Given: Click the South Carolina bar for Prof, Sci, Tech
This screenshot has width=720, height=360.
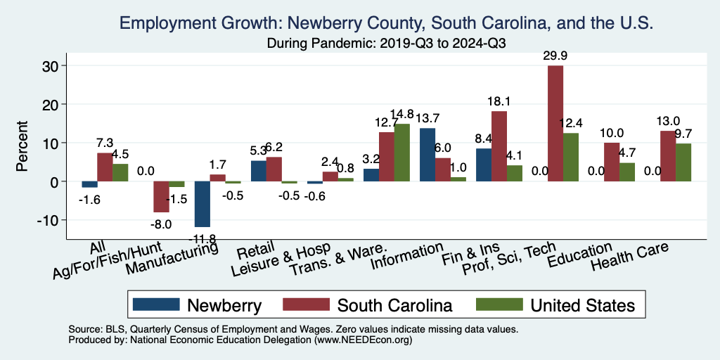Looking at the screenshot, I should [555, 123].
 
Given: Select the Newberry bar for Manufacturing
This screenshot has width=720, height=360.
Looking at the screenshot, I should [202, 204].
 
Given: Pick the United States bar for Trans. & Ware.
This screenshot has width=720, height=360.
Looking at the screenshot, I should [401, 153].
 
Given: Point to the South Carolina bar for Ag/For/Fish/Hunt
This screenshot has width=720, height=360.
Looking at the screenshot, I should [161, 197].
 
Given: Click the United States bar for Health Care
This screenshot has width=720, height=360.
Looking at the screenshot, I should [683, 162].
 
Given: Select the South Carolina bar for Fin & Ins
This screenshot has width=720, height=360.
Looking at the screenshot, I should [499, 146].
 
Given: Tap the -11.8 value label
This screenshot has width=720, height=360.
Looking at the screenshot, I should [202, 236].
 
